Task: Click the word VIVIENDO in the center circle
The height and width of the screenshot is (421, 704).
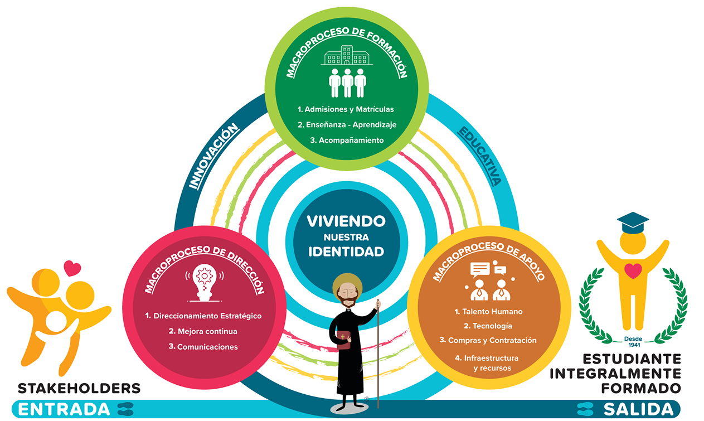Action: point(346,221)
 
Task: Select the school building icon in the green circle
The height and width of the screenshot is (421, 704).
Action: point(347,55)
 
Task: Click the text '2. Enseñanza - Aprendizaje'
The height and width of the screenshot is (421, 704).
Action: point(347,125)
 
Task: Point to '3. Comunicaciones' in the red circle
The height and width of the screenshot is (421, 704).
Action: point(203,346)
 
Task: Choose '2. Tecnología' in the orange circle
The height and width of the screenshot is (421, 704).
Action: point(488,326)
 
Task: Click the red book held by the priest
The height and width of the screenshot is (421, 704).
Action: point(343,340)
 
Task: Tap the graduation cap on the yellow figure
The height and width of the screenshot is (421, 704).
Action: point(633,222)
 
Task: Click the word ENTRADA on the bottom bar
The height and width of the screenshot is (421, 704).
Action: point(64,409)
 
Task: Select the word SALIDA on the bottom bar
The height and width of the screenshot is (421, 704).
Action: point(639,409)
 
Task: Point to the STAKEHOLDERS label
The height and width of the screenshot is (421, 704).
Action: point(79,389)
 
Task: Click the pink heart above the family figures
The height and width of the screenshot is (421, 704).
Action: point(72,268)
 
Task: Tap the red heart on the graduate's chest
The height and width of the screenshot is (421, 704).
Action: point(633,271)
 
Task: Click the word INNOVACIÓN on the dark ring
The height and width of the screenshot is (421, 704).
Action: point(213,156)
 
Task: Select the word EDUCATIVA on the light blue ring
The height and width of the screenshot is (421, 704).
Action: point(479,156)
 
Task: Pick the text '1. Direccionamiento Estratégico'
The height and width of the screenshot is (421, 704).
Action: point(203,316)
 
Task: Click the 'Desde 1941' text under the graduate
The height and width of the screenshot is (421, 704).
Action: point(633,342)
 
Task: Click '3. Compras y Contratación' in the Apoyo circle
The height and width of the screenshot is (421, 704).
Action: point(488,340)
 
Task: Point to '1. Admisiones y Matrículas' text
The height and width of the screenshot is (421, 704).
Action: point(346,109)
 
